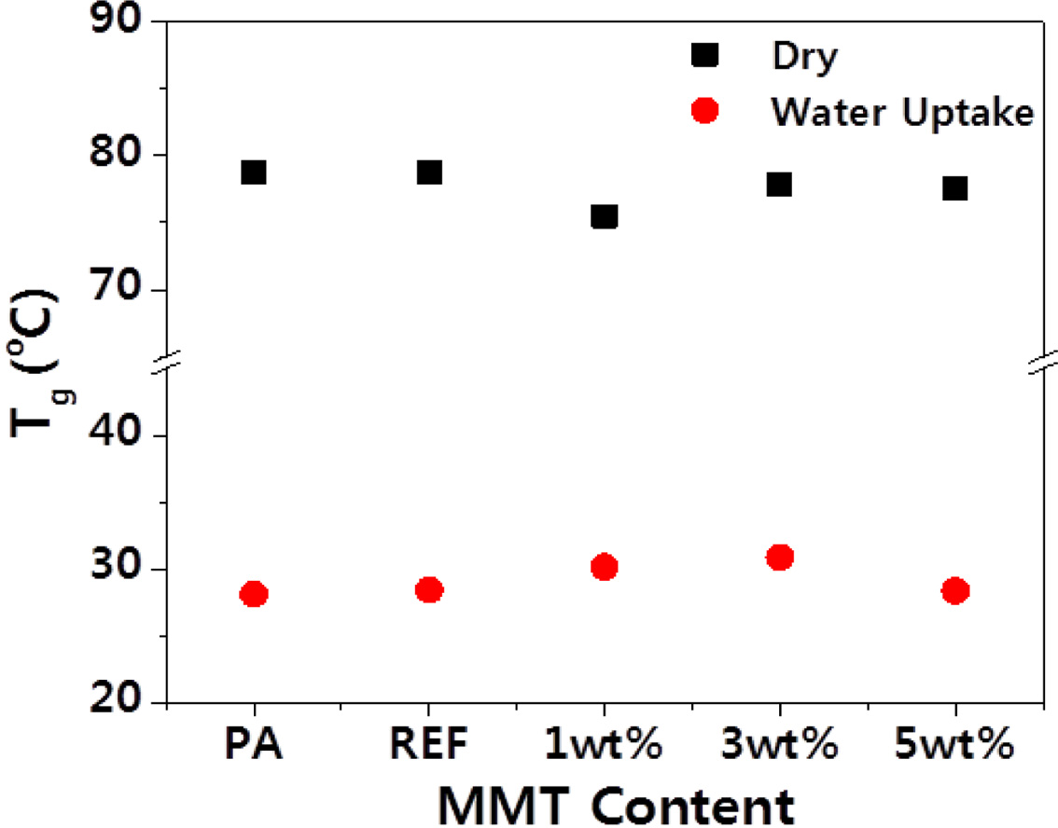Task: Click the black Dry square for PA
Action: [254, 172]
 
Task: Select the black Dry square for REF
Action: [429, 172]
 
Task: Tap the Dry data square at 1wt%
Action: [605, 216]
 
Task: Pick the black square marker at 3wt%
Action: [779, 184]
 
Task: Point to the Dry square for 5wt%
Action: [954, 188]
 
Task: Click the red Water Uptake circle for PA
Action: [254, 594]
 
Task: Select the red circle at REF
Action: [429, 589]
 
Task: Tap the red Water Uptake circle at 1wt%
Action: [605, 566]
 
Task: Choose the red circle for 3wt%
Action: [779, 557]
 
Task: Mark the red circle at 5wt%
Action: [954, 590]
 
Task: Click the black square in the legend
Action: [704, 56]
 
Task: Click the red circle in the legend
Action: [704, 111]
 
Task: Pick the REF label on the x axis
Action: [429, 747]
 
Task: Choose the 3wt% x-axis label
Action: [779, 747]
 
